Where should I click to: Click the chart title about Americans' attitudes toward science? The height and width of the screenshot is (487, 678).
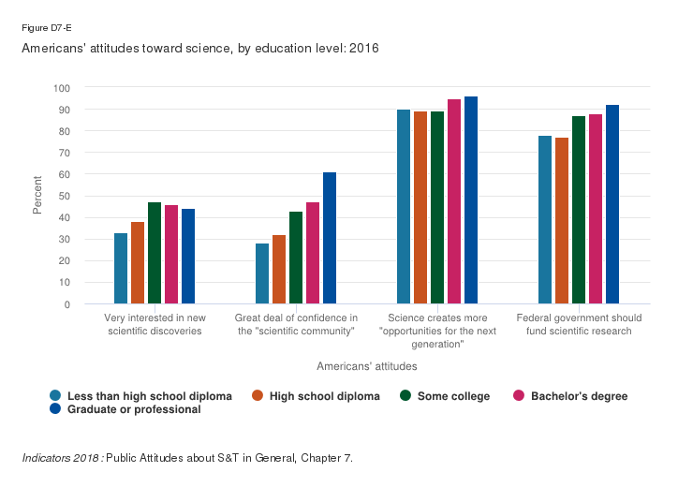click(x=201, y=48)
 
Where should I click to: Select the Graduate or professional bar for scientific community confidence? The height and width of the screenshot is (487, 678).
click(x=330, y=238)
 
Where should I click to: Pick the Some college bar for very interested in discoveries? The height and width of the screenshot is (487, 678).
click(x=155, y=253)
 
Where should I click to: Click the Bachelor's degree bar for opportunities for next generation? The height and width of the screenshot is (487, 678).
click(x=454, y=201)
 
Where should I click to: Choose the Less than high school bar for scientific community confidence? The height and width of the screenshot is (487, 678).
click(x=262, y=273)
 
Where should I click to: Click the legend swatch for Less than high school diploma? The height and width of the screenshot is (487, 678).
click(x=57, y=396)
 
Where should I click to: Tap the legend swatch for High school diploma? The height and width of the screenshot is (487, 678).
click(x=258, y=396)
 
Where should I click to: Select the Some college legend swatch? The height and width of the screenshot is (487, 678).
click(x=407, y=396)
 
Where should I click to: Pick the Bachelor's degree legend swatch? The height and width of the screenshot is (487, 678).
click(x=519, y=396)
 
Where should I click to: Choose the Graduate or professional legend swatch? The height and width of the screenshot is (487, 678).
click(x=57, y=409)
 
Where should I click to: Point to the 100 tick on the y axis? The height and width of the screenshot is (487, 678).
click(x=63, y=88)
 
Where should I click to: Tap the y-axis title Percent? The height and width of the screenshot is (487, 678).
click(x=37, y=195)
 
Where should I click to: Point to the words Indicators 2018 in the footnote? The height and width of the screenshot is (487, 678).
click(x=61, y=458)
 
